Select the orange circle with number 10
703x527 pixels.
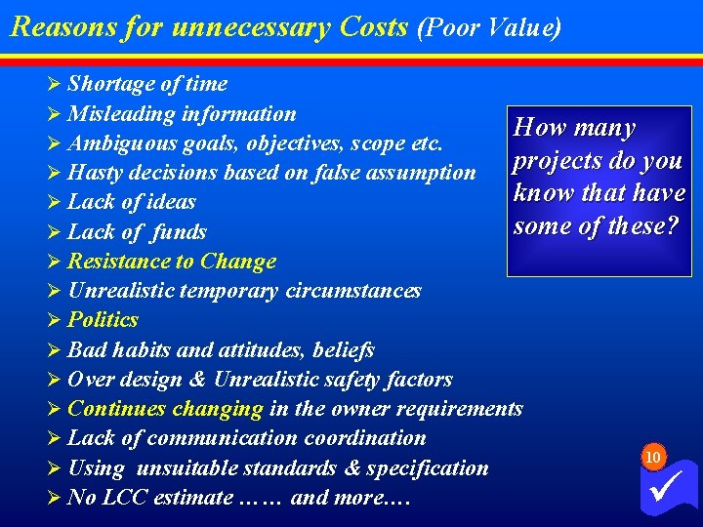point(653,457)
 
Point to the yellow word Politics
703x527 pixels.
point(103,320)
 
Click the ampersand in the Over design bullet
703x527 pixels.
point(200,380)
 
